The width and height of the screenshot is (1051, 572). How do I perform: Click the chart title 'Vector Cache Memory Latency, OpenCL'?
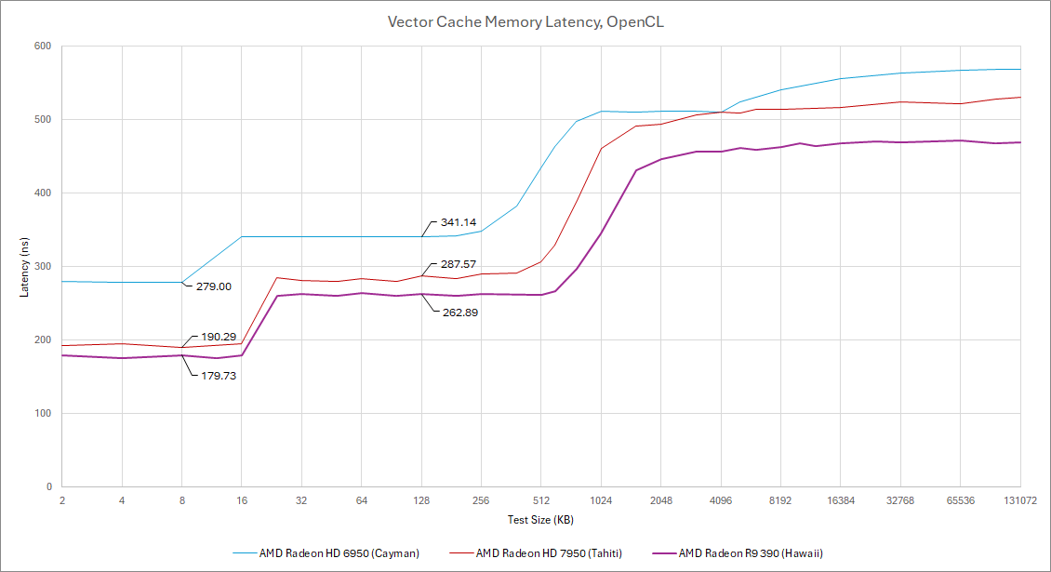pyautogui.click(x=525, y=21)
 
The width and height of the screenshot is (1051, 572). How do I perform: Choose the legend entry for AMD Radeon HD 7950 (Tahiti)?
pyautogui.click(x=549, y=553)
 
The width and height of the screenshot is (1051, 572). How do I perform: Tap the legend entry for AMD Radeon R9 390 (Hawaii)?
pyautogui.click(x=751, y=553)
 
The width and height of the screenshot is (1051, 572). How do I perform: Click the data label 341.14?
pyautogui.click(x=459, y=223)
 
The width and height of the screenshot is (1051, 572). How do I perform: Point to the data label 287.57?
pyautogui.click(x=459, y=265)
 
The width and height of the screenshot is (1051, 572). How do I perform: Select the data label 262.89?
pyautogui.click(x=459, y=312)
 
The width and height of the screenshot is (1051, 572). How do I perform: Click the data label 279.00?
pyautogui.click(x=214, y=286)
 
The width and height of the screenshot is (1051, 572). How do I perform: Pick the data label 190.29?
pyautogui.click(x=220, y=337)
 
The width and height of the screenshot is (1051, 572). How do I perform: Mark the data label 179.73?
pyautogui.click(x=220, y=376)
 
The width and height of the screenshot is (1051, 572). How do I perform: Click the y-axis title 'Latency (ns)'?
pyautogui.click(x=24, y=266)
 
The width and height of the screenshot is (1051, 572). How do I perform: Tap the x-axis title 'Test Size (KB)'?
pyautogui.click(x=540, y=519)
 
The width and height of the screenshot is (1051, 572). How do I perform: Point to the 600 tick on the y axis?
pyautogui.click(x=44, y=47)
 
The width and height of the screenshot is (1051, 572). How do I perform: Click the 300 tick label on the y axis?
pyautogui.click(x=44, y=267)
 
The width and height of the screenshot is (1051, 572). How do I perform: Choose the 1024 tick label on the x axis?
pyautogui.click(x=601, y=499)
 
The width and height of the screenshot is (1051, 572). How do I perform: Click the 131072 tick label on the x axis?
pyautogui.click(x=1019, y=499)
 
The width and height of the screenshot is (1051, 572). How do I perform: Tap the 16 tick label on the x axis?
pyautogui.click(x=242, y=499)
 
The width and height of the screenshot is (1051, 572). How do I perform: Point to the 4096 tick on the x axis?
pyautogui.click(x=721, y=499)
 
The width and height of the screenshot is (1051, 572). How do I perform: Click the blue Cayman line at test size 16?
pyautogui.click(x=242, y=237)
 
